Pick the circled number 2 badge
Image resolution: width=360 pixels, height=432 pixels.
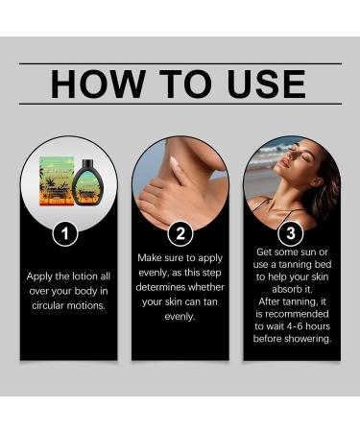point(180,232)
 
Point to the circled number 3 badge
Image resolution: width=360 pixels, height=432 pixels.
point(292,232)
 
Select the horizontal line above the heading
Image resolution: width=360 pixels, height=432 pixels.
point(180,63)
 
